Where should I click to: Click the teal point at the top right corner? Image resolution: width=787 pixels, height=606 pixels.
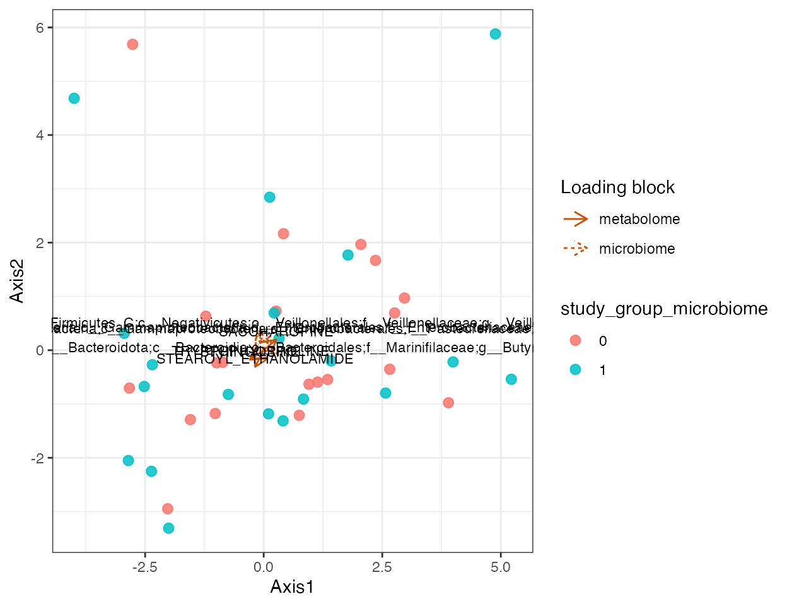coord(495,34)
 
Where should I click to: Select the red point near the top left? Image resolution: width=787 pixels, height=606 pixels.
coord(132,44)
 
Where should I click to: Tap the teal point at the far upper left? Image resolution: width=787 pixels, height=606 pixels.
coord(74,98)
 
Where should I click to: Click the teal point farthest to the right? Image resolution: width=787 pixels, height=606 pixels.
coord(511,379)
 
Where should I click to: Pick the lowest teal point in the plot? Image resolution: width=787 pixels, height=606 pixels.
coord(168,528)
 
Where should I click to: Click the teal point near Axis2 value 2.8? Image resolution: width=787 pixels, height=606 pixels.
coord(269,198)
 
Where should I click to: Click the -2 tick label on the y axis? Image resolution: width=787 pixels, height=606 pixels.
coord(37,458)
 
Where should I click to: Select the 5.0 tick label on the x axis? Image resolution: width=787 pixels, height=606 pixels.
coord(500,567)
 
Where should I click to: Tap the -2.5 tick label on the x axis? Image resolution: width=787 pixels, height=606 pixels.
coord(144,567)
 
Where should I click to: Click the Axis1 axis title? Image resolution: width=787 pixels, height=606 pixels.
coord(292,587)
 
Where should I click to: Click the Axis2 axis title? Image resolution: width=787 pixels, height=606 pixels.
coord(17,281)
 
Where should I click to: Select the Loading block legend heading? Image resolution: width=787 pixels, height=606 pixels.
coord(617,187)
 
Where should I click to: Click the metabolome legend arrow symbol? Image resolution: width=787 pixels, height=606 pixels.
coord(575,219)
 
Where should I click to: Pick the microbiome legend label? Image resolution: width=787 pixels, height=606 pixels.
coord(636,249)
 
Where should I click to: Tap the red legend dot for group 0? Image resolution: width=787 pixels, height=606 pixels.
coord(575,341)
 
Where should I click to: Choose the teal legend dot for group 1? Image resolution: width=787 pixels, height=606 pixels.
coord(575,370)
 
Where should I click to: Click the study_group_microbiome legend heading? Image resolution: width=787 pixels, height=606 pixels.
coord(663,309)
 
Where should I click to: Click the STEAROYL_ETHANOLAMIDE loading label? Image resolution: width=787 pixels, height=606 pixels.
coord(255,359)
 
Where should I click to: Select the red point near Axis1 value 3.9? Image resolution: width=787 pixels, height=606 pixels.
coord(448,403)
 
